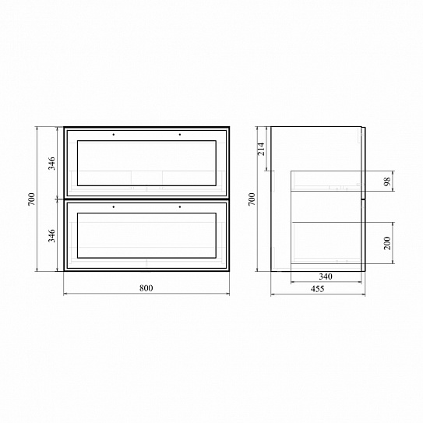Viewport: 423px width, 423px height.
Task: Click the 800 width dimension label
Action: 146,288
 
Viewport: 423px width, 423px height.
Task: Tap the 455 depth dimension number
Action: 317,289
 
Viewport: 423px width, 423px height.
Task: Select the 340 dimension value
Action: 326,277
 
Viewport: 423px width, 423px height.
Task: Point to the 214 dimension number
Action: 261,149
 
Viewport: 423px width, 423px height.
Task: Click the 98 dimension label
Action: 387,182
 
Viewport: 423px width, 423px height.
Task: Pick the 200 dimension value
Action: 387,243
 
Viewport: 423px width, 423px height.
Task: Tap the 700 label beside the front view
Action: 32,199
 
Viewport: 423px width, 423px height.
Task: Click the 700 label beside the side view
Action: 252,199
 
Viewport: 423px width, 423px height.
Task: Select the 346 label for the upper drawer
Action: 51,164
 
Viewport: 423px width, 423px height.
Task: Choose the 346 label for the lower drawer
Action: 51,235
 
